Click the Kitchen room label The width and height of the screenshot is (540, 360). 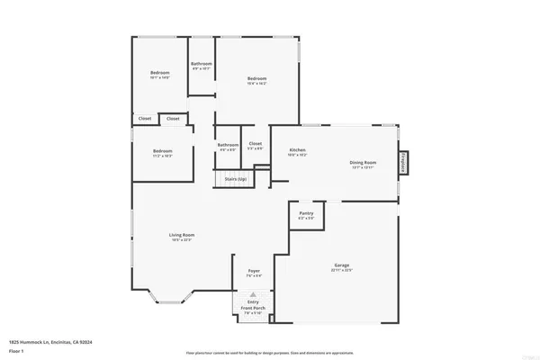tap(297, 150)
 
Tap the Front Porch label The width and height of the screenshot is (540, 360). tap(254, 310)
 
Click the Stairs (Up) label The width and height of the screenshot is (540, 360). tap(236, 179)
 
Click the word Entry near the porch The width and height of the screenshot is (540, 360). tap(254, 303)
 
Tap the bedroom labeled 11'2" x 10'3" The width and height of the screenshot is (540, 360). tap(162, 152)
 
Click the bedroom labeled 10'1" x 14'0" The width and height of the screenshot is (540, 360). tap(160, 75)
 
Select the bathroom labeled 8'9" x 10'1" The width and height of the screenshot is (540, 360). tap(202, 65)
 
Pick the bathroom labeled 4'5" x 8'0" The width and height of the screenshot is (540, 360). tap(228, 146)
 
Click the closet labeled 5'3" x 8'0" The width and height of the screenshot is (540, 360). tap(255, 145)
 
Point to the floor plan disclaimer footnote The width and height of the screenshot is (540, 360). tap(270, 353)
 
